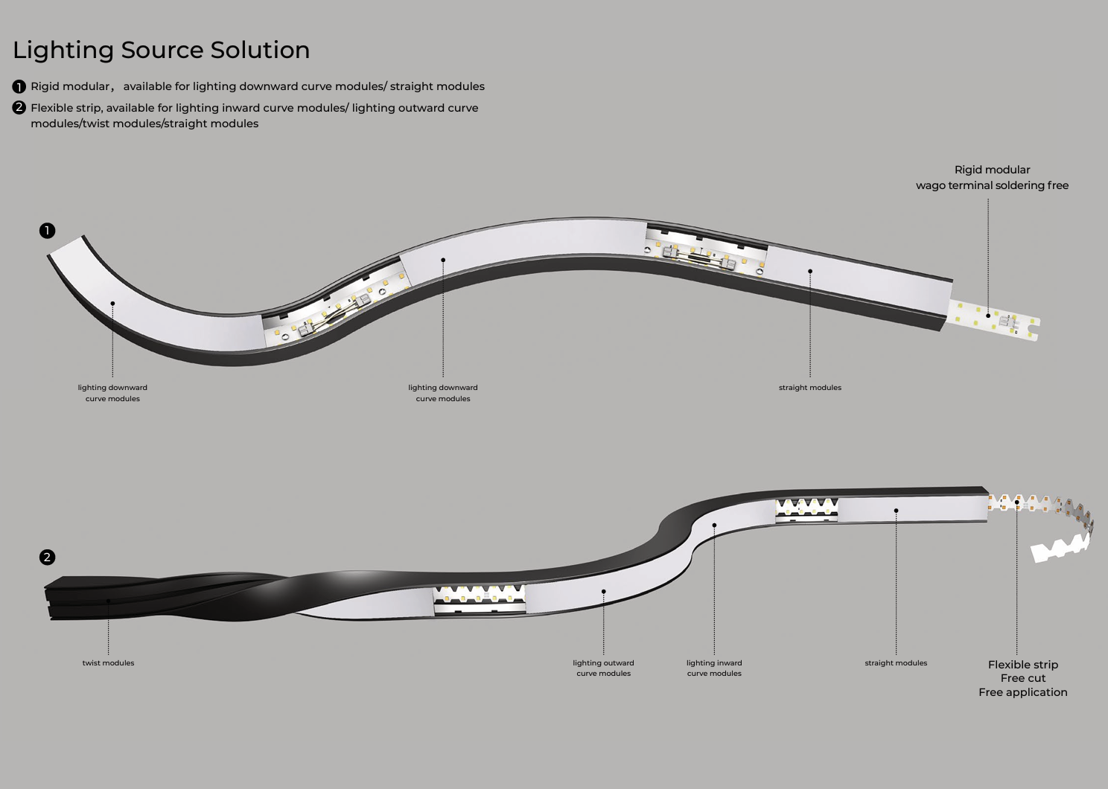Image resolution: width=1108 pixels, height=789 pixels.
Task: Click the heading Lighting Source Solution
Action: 162,51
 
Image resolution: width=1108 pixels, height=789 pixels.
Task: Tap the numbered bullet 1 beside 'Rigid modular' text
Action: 19,87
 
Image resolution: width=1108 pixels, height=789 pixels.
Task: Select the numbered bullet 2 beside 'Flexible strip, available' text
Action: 19,108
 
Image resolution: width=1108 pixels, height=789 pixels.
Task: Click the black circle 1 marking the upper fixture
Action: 48,230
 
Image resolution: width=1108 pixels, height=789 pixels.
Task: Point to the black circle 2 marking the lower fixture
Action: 48,558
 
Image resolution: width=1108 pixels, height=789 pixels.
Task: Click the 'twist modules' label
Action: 108,663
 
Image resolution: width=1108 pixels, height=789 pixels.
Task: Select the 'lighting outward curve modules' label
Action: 603,668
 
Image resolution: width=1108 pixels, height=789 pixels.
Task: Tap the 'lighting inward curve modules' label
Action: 714,668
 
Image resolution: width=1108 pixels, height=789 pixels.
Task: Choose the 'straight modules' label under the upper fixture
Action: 810,388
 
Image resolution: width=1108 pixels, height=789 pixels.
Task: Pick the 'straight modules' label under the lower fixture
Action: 896,663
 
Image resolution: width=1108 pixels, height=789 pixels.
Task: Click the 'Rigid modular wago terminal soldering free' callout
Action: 993,177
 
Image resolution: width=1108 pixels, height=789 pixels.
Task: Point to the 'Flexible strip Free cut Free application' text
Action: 1023,678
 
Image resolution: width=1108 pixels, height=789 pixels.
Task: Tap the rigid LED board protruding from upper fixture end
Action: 994,320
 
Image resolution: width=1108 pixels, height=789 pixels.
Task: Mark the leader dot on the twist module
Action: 108,601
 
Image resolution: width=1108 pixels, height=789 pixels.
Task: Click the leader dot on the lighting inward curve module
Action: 714,525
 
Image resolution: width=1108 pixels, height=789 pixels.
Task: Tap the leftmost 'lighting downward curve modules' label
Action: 112,393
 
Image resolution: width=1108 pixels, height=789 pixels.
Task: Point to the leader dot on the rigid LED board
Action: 988,316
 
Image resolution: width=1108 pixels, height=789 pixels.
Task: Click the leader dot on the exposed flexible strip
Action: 1017,502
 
